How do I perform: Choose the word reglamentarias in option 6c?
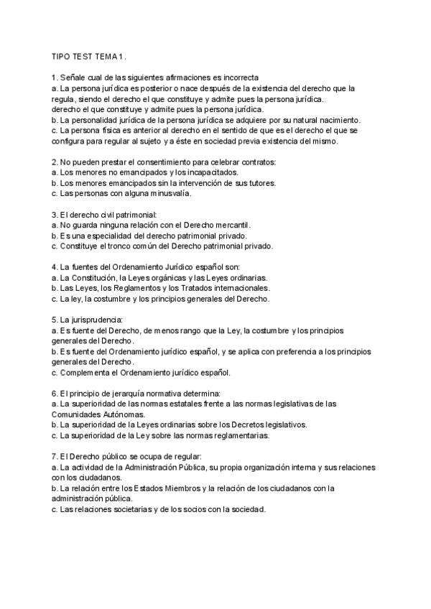(x=236, y=435)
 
